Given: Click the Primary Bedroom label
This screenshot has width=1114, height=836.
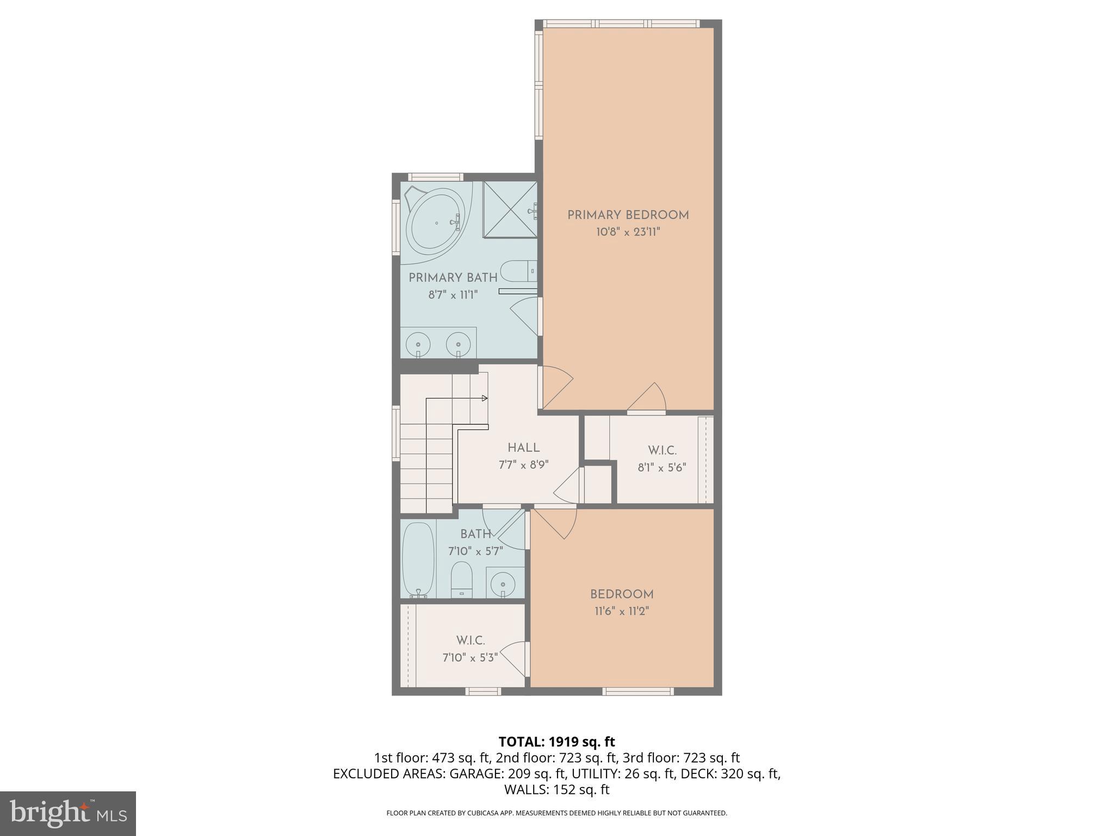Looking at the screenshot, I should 628,215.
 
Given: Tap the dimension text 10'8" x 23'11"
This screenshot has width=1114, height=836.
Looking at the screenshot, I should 628,232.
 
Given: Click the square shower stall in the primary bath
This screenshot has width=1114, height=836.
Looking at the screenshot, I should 510,210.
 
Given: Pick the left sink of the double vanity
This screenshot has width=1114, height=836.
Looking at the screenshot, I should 418,345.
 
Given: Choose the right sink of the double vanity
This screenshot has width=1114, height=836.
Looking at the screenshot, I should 458,345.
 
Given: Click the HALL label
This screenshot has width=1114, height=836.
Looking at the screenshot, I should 523,448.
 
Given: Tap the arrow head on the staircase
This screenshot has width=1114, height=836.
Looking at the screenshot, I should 485,398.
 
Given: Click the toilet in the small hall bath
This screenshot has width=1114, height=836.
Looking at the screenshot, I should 462,579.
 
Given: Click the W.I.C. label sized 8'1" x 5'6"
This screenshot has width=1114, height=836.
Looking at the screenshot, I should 662,451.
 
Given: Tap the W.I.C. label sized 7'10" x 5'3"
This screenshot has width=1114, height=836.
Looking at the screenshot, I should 471,641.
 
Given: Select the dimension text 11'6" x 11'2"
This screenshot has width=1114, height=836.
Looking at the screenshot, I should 622,611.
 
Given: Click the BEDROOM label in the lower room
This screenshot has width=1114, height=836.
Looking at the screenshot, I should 622,594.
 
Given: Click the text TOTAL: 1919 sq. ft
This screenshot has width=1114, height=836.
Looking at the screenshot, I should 556,742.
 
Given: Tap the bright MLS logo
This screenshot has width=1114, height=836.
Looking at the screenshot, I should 68,813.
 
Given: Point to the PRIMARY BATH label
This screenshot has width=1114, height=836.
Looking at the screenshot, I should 453,278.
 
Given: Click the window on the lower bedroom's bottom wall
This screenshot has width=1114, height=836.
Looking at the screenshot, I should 638,691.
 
